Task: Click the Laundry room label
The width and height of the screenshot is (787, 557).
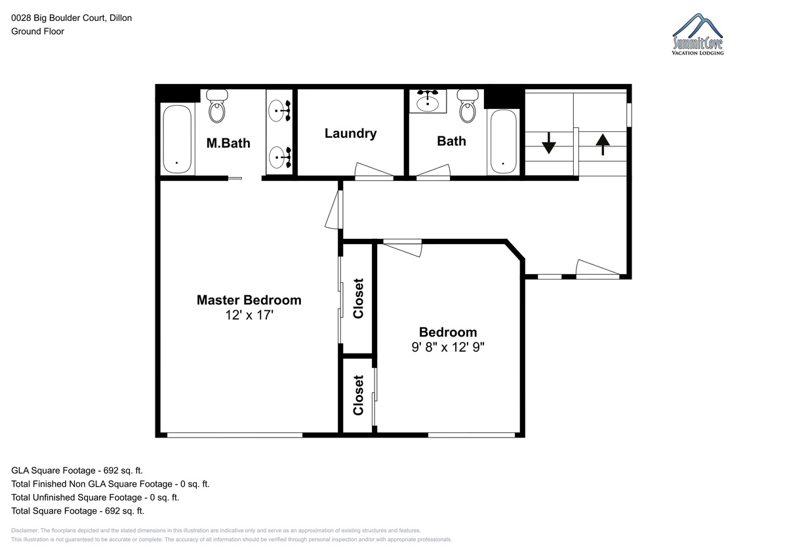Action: tap(350, 134)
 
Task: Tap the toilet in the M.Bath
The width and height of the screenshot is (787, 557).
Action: tap(217, 106)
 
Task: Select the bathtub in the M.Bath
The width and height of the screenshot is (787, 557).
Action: tap(177, 139)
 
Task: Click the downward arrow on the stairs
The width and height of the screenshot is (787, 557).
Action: tap(548, 143)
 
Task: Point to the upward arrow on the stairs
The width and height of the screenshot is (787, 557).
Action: tap(603, 144)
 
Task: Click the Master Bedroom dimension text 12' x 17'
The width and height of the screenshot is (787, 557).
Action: tap(249, 315)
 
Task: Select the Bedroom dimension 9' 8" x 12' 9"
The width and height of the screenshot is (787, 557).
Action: tap(448, 347)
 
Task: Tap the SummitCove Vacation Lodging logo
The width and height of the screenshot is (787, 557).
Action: tap(698, 34)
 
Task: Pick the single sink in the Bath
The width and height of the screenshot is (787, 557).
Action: tap(428, 101)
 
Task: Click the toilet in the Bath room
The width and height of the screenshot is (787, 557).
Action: tap(468, 106)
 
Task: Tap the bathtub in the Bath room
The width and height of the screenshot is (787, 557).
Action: tap(503, 142)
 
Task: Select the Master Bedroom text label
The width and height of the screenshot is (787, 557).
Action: tap(249, 300)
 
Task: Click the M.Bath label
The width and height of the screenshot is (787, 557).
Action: tap(228, 144)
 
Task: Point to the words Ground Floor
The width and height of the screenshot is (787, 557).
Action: tap(37, 31)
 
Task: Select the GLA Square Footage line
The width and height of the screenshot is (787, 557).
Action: tap(77, 470)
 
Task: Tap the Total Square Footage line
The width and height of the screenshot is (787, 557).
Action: tap(77, 510)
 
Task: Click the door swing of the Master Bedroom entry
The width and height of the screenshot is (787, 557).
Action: tap(333, 210)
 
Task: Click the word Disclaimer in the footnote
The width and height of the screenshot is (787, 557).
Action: tap(24, 530)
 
